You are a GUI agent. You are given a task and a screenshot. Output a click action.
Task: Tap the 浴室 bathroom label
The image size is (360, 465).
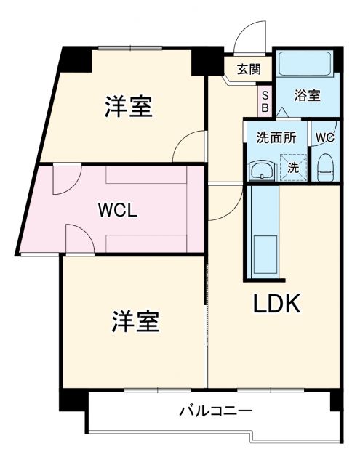[x=307, y=95]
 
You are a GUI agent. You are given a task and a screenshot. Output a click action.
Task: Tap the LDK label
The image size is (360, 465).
[x=276, y=304]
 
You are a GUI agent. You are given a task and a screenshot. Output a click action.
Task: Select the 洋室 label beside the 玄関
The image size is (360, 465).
[x=128, y=106]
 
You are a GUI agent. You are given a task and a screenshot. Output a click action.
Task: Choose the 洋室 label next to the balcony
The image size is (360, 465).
[x=136, y=320]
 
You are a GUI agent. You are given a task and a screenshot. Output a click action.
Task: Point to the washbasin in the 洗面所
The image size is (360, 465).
[x=261, y=171]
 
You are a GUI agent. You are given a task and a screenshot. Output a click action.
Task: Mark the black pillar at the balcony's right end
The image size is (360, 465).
[x=335, y=400]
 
